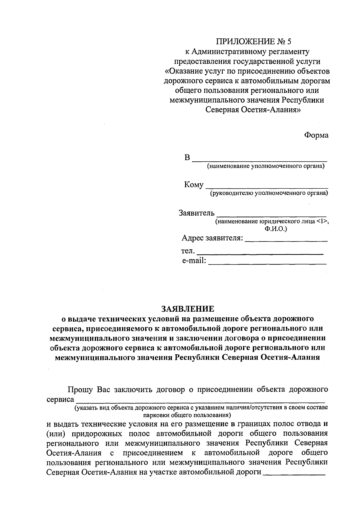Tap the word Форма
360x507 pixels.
click(x=316, y=135)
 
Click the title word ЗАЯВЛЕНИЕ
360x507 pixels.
click(x=188, y=308)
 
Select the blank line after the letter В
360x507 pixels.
click(x=259, y=160)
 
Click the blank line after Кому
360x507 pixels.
click(x=266, y=187)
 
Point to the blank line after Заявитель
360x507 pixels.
click(x=271, y=215)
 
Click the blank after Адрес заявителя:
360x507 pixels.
click(x=286, y=241)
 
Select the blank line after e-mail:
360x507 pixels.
click(x=267, y=263)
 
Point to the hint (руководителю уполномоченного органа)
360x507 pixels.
click(x=269, y=193)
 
